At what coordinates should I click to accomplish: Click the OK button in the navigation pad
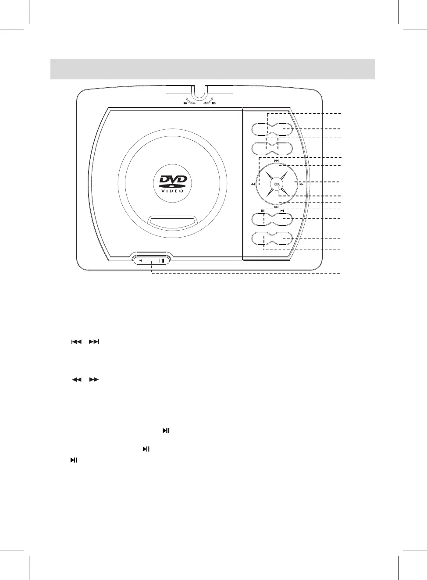coord(277,184)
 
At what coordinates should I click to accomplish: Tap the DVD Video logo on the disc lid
coord(173,184)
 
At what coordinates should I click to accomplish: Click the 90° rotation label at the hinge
coord(186,104)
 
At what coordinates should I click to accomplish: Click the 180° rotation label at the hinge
coord(214,104)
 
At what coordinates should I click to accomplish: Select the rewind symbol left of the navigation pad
coord(253,185)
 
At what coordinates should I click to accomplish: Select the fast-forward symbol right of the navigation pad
coord(301,185)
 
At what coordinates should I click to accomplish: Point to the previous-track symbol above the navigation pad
coord(277,161)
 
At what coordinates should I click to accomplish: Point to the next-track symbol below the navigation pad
coord(277,207)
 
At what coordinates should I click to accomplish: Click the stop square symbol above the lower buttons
coord(262,211)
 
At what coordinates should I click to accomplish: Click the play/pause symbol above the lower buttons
coord(283,211)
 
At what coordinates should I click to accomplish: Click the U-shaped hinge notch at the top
coord(199,93)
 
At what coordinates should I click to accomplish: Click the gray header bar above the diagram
coord(213,69)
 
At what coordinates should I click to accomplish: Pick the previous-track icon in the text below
coord(76,342)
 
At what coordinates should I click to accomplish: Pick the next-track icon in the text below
coord(94,342)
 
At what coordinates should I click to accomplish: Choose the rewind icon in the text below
coord(76,380)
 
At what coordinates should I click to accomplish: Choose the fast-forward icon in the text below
coord(94,380)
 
